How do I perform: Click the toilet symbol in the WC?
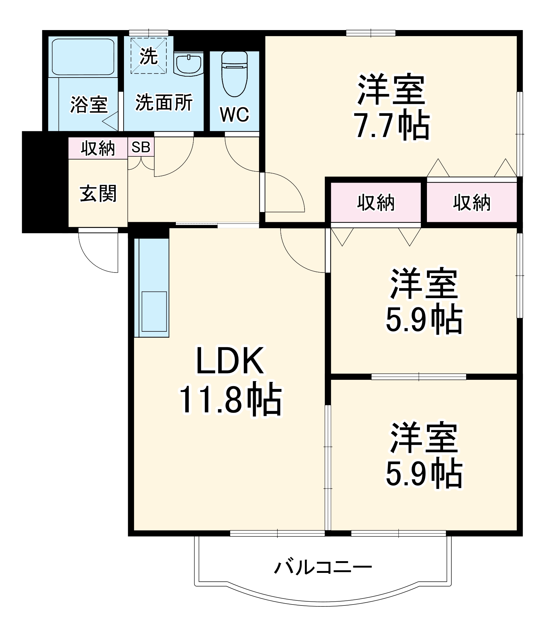point(234,74)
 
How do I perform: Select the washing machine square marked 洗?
point(148,56)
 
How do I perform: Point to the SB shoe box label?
point(141,147)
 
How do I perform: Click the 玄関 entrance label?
point(98,193)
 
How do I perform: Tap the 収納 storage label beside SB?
point(98,148)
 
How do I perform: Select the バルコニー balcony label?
point(323,567)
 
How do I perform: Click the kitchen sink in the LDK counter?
point(154,311)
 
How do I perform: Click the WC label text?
point(234,114)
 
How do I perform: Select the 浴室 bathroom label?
point(89,104)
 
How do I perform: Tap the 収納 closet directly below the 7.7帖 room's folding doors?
point(472,203)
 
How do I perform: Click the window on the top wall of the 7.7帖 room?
point(371,33)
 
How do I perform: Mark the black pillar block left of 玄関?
point(44,182)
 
